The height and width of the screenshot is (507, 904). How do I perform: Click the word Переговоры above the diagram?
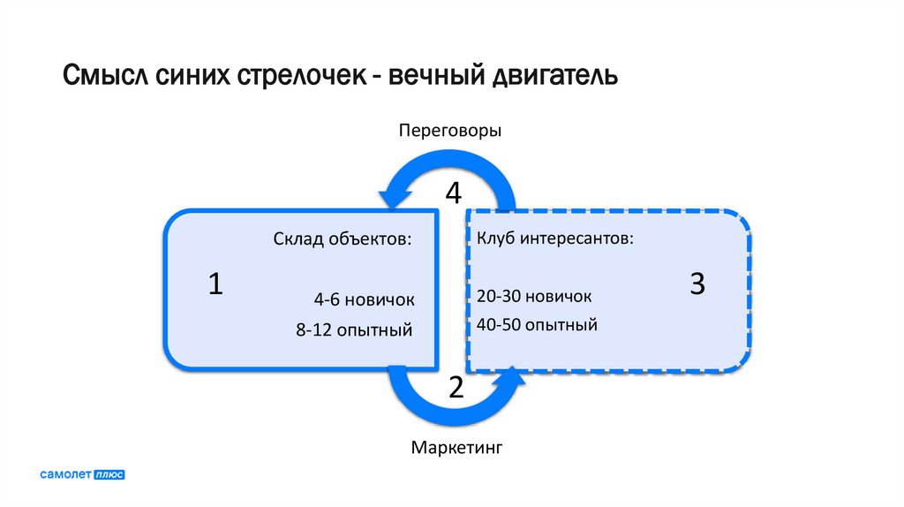coord(449,131)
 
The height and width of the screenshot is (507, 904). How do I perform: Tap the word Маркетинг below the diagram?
coord(456,448)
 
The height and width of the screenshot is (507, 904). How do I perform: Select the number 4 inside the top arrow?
coord(453,193)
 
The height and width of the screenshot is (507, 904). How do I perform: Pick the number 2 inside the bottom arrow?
coord(456,386)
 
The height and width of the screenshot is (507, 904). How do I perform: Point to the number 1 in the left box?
coord(215,284)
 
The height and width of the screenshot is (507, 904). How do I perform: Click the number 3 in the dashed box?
coord(697,284)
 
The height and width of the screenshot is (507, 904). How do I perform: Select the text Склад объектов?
coord(342,239)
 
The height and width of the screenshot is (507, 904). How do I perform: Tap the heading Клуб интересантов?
coord(554,239)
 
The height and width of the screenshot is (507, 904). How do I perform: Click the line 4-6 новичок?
coord(363,299)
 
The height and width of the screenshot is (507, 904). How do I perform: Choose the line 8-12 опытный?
coord(355,330)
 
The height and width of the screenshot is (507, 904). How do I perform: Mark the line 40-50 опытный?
coord(537,325)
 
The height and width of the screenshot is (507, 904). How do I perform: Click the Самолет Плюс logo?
coord(82,474)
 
